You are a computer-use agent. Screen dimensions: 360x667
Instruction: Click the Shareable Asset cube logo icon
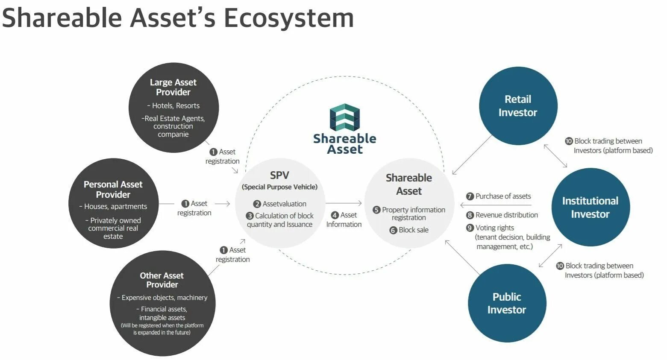click(344, 117)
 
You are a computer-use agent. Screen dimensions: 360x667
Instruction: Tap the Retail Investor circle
click(518, 105)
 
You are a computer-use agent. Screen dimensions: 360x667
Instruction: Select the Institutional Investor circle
click(590, 207)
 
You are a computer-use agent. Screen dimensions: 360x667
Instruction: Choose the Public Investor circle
click(507, 303)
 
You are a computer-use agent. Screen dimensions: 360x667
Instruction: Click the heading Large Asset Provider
click(173, 87)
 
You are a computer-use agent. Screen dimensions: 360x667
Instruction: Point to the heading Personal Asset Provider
click(113, 189)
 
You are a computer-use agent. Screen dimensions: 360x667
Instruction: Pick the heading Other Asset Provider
click(162, 280)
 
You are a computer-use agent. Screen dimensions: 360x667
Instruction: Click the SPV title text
click(279, 175)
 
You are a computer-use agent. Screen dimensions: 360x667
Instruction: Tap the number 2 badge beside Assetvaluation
click(257, 204)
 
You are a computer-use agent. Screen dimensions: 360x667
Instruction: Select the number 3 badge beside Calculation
click(250, 216)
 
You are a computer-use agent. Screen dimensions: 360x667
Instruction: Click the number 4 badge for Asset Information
click(335, 215)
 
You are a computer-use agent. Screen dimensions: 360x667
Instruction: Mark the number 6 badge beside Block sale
click(393, 230)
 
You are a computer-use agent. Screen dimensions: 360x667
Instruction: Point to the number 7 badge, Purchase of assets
click(470, 196)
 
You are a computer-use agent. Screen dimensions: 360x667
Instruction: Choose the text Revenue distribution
click(506, 215)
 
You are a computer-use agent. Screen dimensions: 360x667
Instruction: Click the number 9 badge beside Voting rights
click(470, 228)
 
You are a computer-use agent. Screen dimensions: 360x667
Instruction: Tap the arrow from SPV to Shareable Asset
click(344, 204)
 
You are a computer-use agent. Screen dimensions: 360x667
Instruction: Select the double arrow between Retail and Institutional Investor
click(555, 156)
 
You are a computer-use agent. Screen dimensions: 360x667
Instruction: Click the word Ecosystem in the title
click(288, 18)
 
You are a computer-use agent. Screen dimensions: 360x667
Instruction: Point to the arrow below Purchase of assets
click(496, 205)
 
